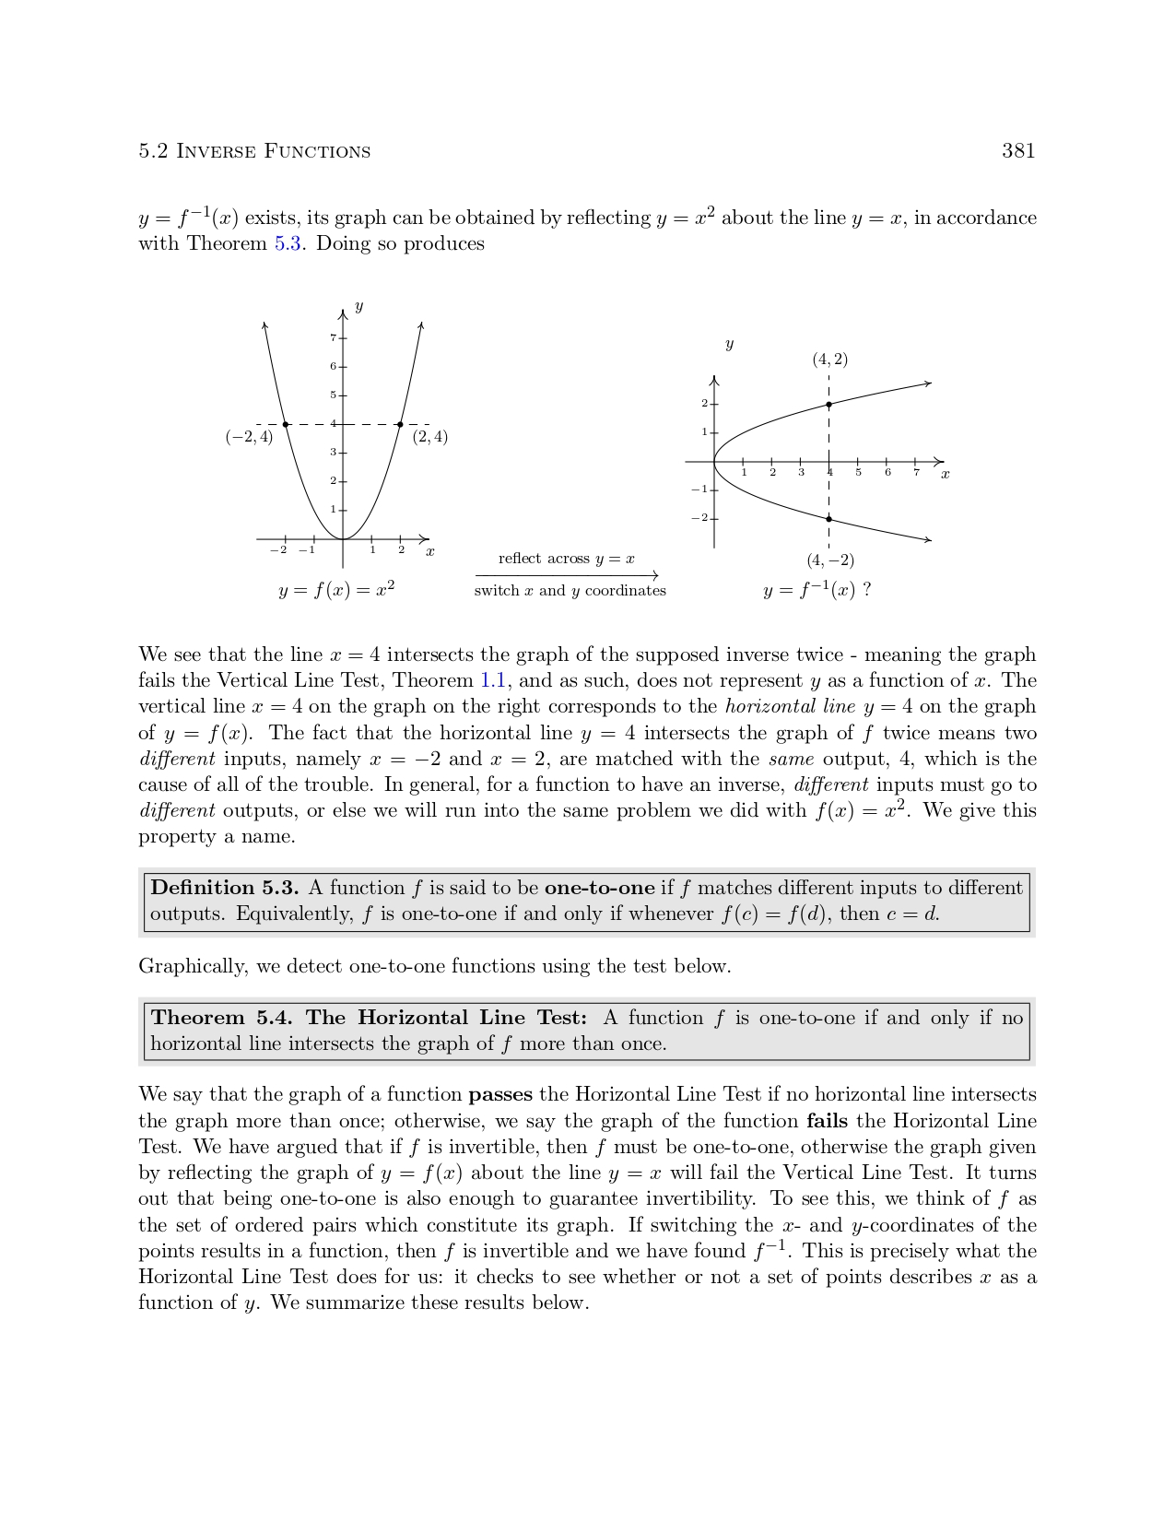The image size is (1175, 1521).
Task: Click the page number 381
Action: (1018, 151)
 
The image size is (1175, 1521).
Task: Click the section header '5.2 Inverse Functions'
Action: (254, 151)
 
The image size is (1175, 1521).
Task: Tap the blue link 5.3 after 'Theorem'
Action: (288, 244)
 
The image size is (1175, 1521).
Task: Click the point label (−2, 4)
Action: (249, 437)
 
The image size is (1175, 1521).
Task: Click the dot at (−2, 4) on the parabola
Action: (286, 424)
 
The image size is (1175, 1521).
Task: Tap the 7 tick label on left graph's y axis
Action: (333, 338)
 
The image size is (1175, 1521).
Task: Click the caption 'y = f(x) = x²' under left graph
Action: (336, 590)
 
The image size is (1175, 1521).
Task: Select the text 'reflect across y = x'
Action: (566, 559)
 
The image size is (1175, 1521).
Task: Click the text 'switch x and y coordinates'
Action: (570, 591)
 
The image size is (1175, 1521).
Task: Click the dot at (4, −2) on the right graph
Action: (828, 519)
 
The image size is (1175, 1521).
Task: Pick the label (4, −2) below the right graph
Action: (829, 560)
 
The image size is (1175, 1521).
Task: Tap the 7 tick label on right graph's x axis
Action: (916, 473)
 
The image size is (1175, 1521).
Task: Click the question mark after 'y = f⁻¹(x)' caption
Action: (867, 590)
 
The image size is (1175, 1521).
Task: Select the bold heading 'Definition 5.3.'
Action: (224, 888)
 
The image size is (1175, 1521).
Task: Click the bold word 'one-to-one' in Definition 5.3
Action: (599, 888)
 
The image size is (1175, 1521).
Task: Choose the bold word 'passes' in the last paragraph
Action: (500, 1095)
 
